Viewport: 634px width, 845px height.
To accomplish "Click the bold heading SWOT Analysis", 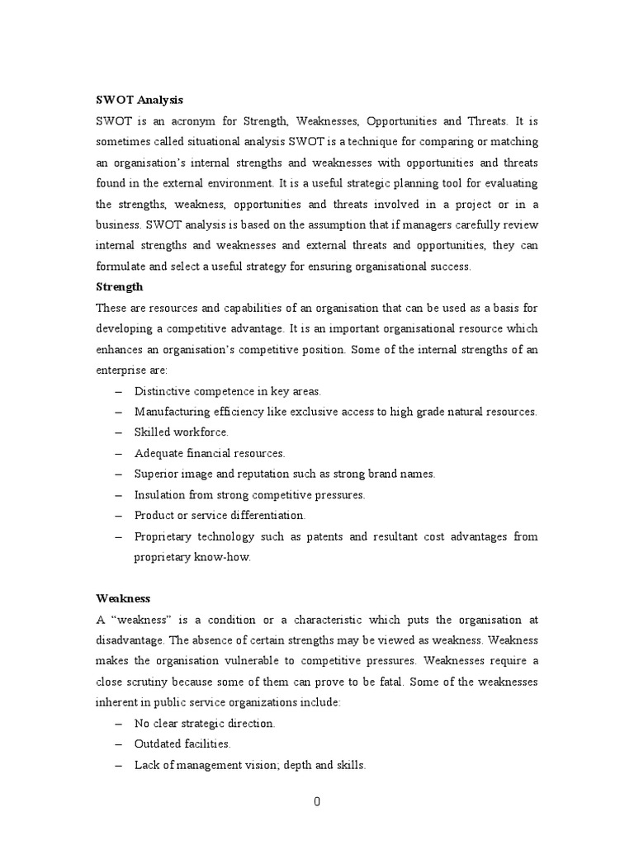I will (140, 99).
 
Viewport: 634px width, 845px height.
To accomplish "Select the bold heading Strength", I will (119, 286).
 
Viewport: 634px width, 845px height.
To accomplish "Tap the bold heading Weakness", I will (122, 597).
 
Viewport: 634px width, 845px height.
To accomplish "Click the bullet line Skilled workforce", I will (182, 432).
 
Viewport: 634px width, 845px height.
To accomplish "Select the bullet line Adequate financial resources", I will (210, 453).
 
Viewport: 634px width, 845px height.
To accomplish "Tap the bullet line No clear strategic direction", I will (205, 723).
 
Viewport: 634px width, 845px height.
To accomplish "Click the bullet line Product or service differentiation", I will (220, 515).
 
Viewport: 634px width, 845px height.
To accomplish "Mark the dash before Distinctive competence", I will (120, 390).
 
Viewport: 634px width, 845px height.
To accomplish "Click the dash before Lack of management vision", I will (120, 765).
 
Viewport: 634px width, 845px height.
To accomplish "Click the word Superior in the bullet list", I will (156, 474).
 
